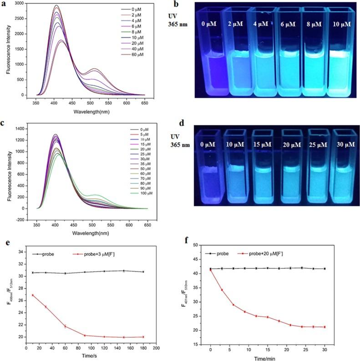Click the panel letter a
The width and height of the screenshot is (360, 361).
pyautogui.click(x=4, y=4)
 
